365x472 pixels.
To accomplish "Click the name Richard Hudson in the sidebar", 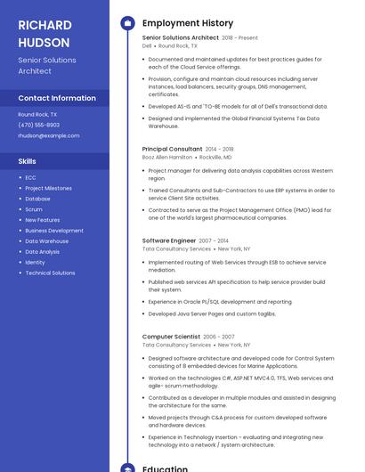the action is [x=44, y=33].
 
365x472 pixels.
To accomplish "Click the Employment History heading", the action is [x=187, y=23].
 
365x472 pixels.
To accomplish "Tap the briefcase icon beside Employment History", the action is [x=126, y=23].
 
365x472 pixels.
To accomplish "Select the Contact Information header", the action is [x=57, y=98].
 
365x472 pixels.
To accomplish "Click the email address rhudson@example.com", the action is [x=49, y=135].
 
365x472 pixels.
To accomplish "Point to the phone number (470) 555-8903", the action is [x=39, y=125].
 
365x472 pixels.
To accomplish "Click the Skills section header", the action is [x=28, y=161].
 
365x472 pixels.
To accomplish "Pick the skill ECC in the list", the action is [x=30, y=177].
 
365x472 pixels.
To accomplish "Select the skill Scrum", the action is [x=34, y=209].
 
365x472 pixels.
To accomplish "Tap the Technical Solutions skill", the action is [x=50, y=273].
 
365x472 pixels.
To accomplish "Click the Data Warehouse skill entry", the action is [x=46, y=241].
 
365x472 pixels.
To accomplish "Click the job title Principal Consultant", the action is [x=172, y=149].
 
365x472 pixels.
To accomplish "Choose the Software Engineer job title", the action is [x=169, y=240].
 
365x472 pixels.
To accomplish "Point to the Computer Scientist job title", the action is [x=171, y=337].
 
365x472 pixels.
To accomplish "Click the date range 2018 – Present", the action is [x=239, y=38].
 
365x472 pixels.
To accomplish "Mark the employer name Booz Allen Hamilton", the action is [x=167, y=157].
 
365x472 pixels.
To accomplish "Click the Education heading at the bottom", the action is [x=164, y=467].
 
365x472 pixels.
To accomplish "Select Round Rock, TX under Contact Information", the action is [x=37, y=114].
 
